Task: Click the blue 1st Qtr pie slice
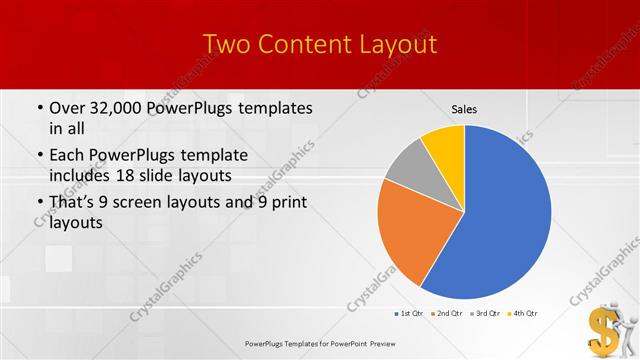pyautogui.click(x=500, y=220)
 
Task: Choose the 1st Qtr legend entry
pyautogui.click(x=409, y=314)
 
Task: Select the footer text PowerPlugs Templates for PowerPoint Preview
pyautogui.click(x=319, y=342)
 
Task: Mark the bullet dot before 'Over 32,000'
pyautogui.click(x=38, y=108)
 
